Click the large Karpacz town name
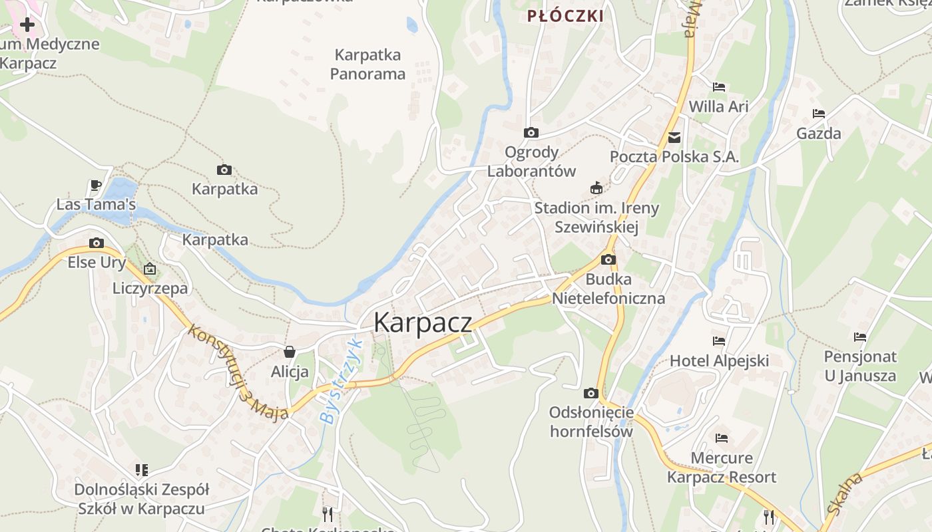coord(423,323)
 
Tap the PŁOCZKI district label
coord(565,16)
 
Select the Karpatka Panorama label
coord(367,64)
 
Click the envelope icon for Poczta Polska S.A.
coord(674,138)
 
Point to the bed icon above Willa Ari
coord(718,87)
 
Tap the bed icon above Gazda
coord(818,114)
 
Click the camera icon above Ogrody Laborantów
coord(531,132)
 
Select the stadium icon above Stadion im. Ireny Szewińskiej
coord(596,188)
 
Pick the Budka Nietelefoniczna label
coord(608,288)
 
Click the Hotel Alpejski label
coord(719,361)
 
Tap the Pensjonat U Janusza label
coord(860,366)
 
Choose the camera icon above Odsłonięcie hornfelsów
coord(590,393)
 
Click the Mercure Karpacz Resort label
coord(722,467)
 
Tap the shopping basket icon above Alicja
coord(290,352)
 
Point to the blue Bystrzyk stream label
coord(339,382)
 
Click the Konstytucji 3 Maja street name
coord(238,372)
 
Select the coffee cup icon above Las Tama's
coord(96,185)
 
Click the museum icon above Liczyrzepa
coord(150,269)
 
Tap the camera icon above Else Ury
coord(97,243)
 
